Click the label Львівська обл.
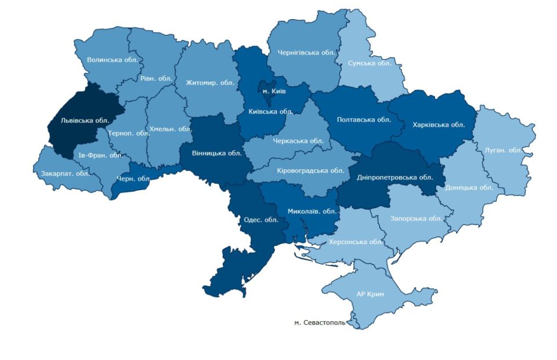click(85, 121)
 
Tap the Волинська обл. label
click(112, 59)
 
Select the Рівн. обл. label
click(157, 78)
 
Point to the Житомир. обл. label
click(210, 82)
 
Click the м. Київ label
click(270, 92)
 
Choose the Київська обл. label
click(270, 111)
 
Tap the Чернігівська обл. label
click(307, 53)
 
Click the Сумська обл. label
click(370, 63)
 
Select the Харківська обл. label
click(439, 124)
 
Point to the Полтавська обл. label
click(364, 120)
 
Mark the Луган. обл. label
click(503, 150)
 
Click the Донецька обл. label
click(469, 187)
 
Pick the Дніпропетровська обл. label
click(395, 177)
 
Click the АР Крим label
click(370, 293)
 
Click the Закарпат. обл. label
click(64, 173)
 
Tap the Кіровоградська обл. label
click(310, 170)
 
